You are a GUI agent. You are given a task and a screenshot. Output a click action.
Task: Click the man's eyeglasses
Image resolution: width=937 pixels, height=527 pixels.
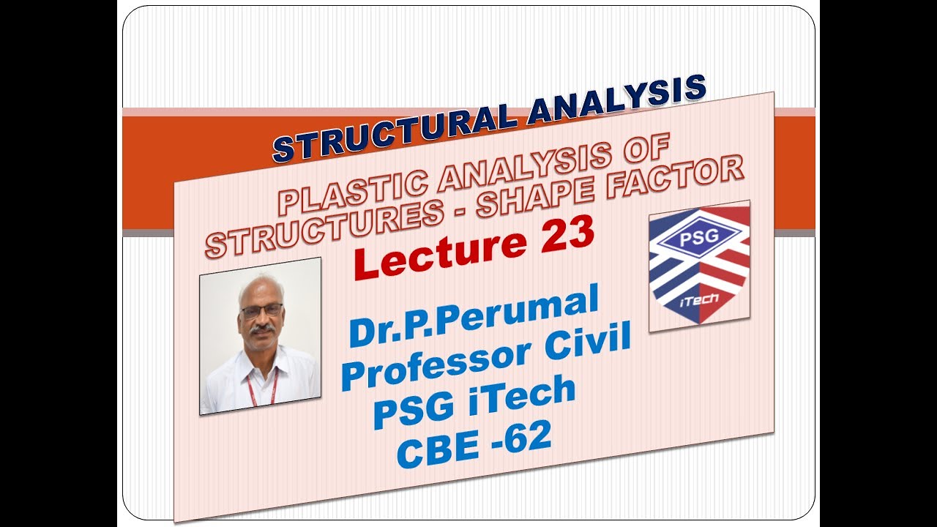tap(261, 310)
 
